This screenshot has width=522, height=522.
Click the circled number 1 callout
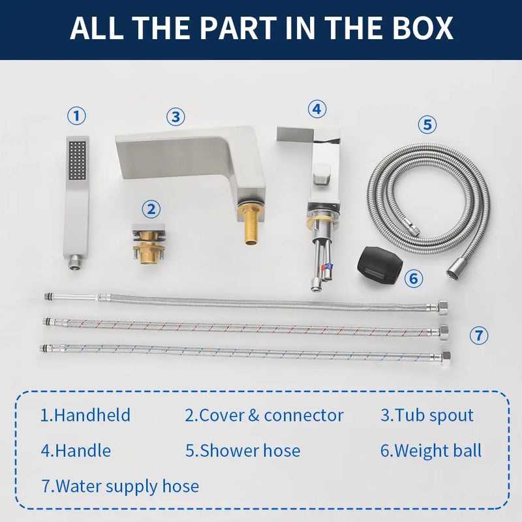coord(76,116)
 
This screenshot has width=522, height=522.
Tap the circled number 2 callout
coord(151,209)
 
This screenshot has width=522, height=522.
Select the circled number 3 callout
coord(176,117)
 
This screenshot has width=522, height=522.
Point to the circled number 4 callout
coord(317,109)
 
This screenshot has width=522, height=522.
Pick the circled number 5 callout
coord(427,125)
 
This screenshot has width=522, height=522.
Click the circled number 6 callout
coord(414,278)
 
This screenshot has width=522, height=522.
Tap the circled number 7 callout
coord(479,335)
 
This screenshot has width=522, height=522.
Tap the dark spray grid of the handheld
coord(77,160)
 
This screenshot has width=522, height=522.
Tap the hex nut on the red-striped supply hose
coord(444,332)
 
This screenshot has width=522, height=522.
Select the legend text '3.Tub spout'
coord(427,415)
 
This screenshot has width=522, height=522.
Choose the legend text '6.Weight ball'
coord(431,451)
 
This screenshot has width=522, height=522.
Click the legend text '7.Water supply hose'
coord(120,486)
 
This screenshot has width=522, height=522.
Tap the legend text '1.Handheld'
coord(85,415)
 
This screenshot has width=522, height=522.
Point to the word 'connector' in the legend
coord(303,416)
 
